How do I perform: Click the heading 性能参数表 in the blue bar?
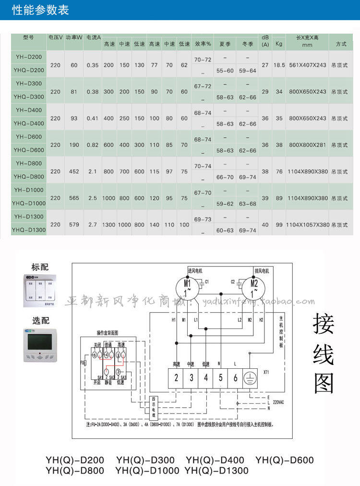[40, 10]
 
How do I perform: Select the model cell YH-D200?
[29, 57]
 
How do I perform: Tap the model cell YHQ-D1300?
[29, 230]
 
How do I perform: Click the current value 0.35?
[93, 65]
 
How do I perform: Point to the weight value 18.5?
[279, 65]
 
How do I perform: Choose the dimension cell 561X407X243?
[308, 65]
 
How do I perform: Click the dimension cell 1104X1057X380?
[308, 224]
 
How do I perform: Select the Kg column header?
[279, 44]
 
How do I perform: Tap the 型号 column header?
[28, 37]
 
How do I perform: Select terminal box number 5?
[220, 377]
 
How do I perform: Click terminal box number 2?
[176, 377]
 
